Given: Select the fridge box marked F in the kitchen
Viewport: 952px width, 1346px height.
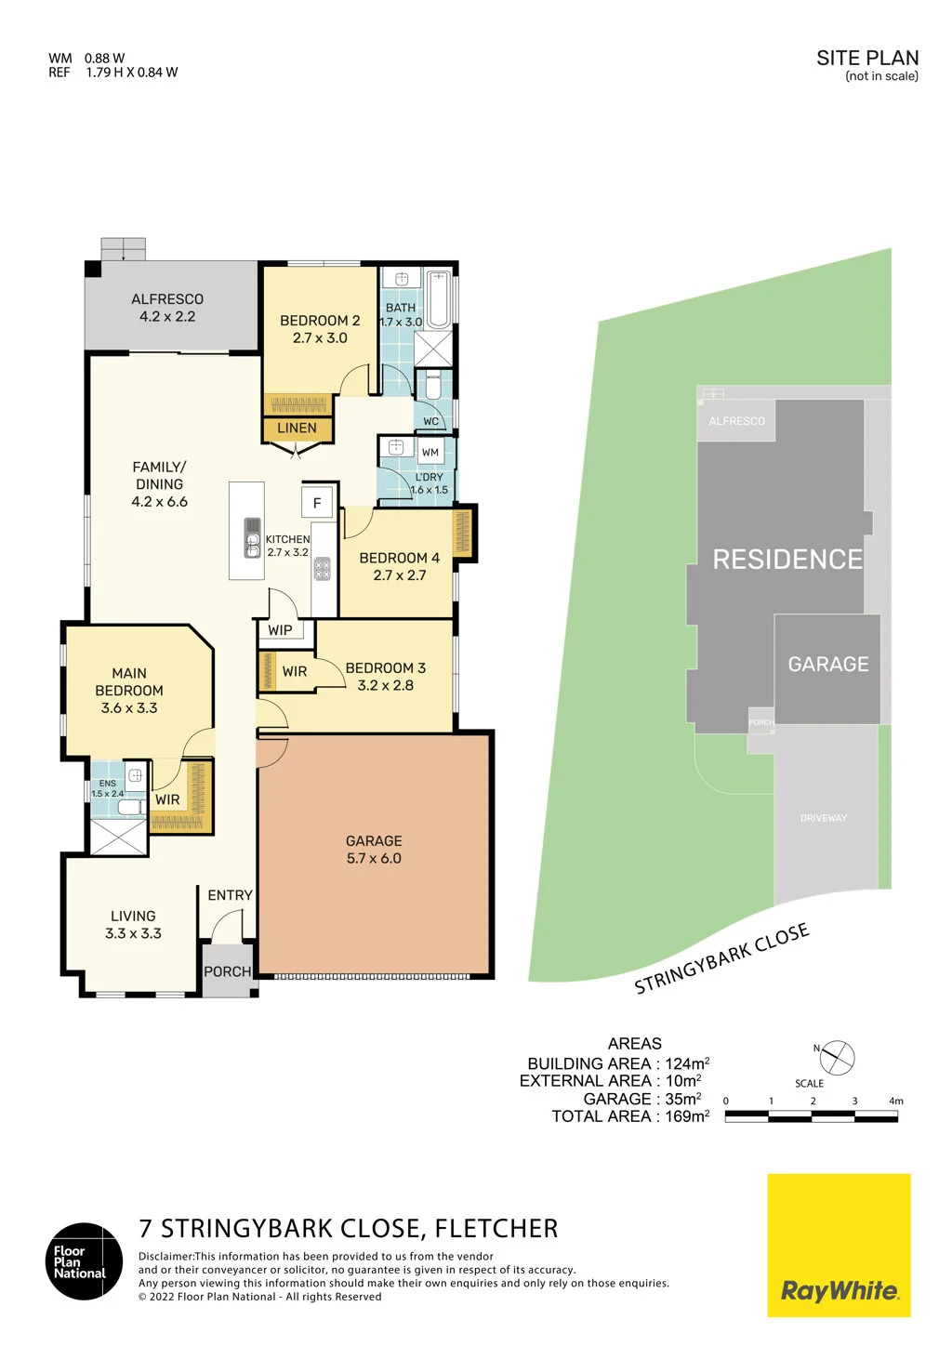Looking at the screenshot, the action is tap(317, 503).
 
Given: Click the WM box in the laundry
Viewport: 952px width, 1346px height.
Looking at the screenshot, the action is tap(430, 452).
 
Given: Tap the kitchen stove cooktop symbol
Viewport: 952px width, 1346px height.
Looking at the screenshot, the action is tap(323, 569).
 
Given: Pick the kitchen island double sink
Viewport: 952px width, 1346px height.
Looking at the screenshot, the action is tap(253, 537).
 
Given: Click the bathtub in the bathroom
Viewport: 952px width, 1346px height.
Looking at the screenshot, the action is tap(439, 300).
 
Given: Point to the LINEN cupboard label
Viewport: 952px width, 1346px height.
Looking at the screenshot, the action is tap(297, 428).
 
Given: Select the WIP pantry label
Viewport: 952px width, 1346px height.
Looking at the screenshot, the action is tap(280, 629).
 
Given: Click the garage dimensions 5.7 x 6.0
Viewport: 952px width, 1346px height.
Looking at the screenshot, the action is tap(374, 858).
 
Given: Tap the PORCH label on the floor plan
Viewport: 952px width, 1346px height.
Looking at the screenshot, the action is tap(227, 971).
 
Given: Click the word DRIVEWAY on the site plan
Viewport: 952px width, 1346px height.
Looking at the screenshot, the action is tap(824, 818).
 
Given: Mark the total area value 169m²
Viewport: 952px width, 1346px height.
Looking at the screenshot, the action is tap(687, 1115).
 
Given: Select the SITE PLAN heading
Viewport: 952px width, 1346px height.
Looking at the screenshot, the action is tap(867, 58).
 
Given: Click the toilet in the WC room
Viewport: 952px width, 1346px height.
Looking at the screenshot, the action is tap(432, 385).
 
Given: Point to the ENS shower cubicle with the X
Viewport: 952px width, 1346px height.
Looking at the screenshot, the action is tap(118, 836).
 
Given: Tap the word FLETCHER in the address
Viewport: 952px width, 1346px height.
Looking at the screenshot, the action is tap(496, 1229).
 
